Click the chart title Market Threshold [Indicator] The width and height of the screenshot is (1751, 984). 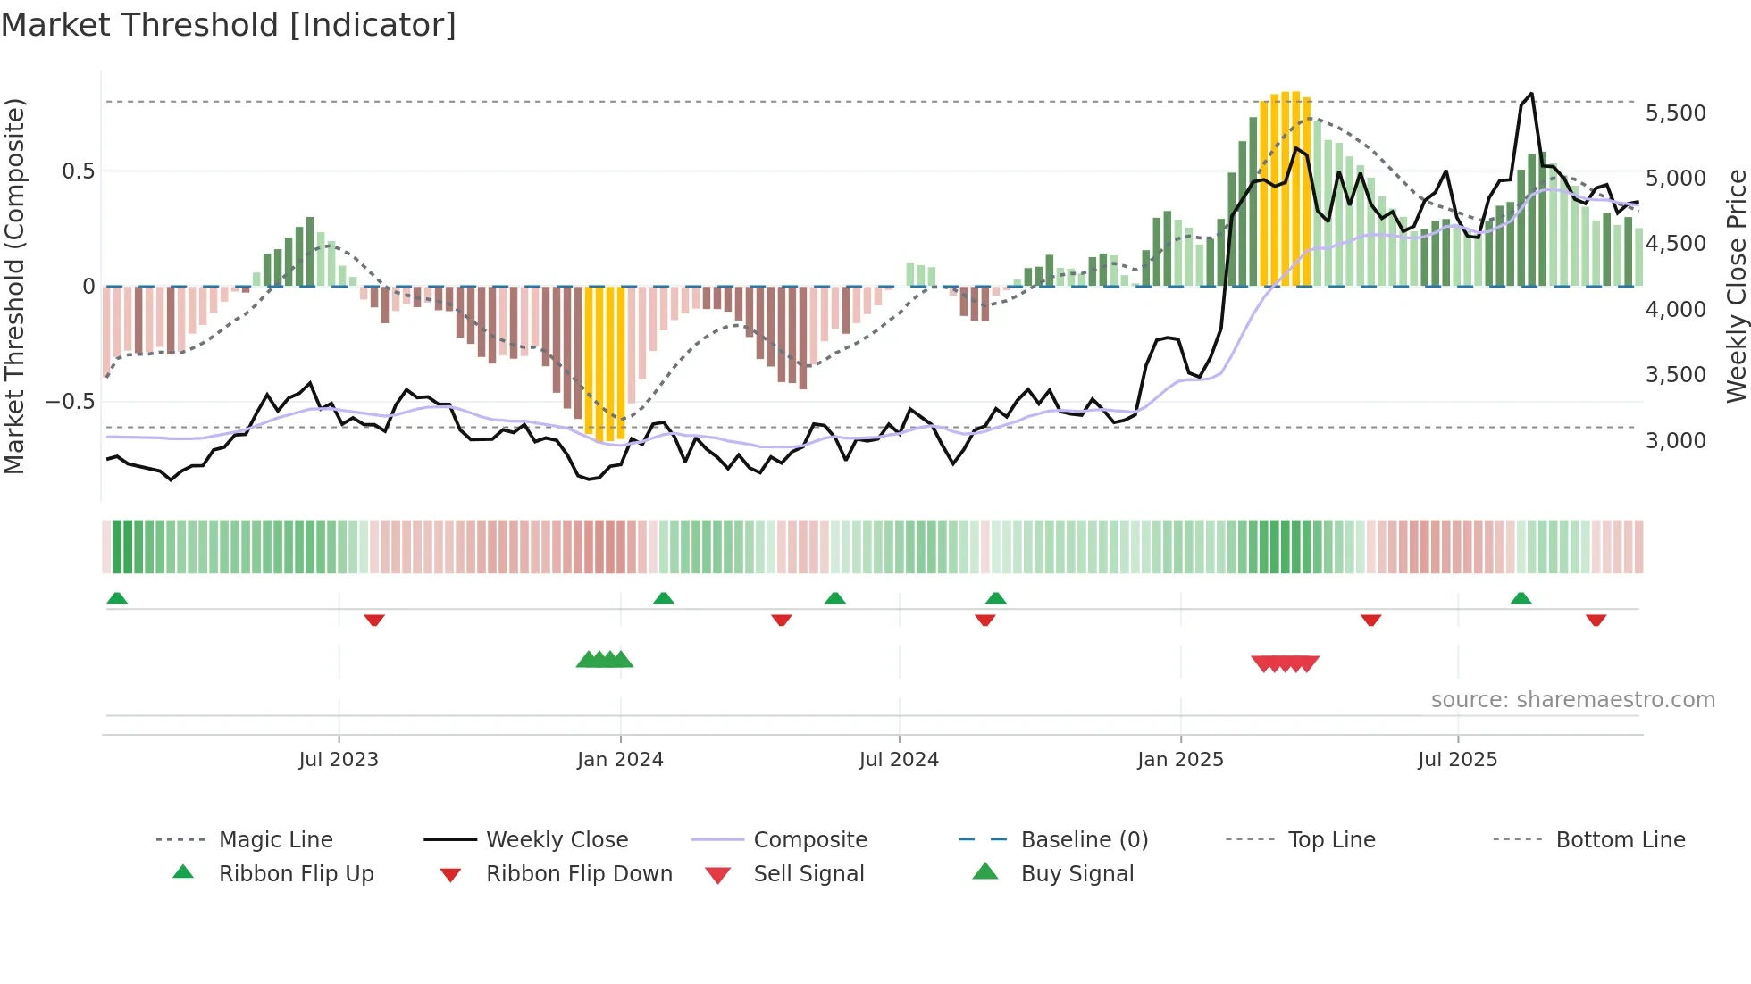[x=229, y=25]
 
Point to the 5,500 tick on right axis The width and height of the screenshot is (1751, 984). [x=1675, y=113]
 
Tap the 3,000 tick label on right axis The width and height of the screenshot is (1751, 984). [x=1675, y=440]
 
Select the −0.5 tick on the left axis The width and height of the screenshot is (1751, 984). [x=71, y=401]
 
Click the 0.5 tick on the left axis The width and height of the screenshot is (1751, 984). [x=78, y=171]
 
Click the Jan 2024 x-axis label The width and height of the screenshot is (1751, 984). [x=620, y=760]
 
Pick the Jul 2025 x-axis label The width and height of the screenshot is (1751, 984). [x=1457, y=760]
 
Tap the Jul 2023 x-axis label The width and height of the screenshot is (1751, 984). [x=339, y=760]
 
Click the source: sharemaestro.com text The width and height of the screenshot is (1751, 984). [x=1572, y=700]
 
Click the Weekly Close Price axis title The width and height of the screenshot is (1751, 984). [x=1736, y=286]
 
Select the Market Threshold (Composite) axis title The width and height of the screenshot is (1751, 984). [x=14, y=286]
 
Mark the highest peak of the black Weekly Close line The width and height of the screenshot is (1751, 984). [x=1531, y=94]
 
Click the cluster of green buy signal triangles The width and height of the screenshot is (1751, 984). [x=605, y=660]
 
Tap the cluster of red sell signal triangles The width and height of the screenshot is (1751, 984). [x=1285, y=663]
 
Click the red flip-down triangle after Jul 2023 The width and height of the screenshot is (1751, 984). [x=374, y=620]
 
